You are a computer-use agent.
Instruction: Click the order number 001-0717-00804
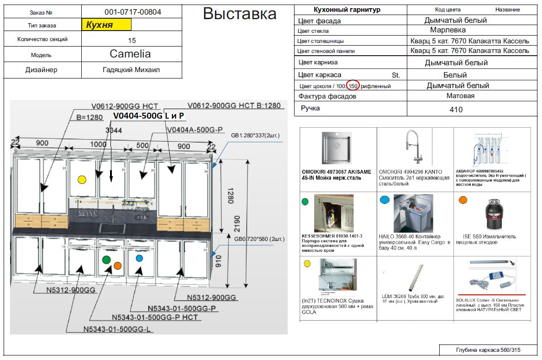[x=132, y=12]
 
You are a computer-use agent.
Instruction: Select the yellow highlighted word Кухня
[x=100, y=25]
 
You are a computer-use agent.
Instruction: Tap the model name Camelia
[x=130, y=54]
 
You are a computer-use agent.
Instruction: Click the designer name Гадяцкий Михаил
[x=132, y=70]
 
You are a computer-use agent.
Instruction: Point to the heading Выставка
[x=239, y=14]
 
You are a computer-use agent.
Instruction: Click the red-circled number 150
[x=353, y=86]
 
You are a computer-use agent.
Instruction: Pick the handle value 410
[x=456, y=110]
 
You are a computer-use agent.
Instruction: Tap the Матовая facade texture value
[x=460, y=96]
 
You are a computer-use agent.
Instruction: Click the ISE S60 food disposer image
[x=492, y=215]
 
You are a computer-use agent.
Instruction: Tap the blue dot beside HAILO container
[x=384, y=200]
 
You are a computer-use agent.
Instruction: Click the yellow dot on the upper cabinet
[x=82, y=179]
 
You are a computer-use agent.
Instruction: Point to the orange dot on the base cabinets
[x=117, y=266]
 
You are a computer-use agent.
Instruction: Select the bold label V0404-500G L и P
[x=148, y=116]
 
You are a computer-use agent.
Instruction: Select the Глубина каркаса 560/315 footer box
[x=488, y=350]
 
